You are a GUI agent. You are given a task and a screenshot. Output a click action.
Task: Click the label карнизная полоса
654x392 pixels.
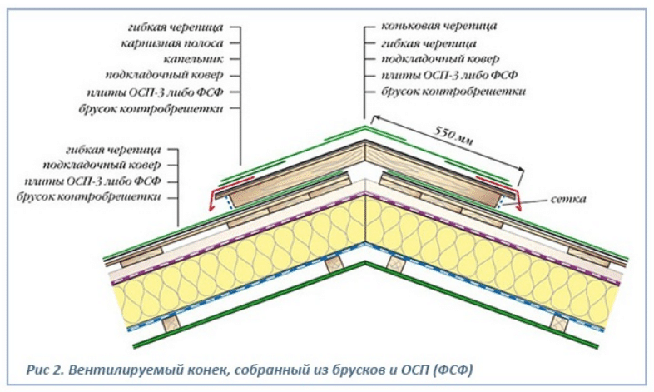click(179, 42)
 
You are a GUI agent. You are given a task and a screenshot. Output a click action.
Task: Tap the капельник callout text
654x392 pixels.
click(197, 58)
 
